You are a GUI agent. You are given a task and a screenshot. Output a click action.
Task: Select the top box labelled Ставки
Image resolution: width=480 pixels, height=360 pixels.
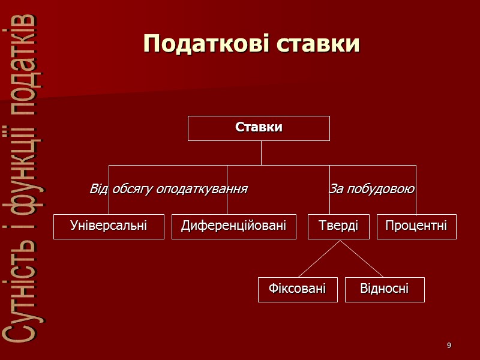pos(259,128)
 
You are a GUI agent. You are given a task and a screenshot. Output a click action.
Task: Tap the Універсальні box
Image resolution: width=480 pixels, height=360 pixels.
pos(109,226)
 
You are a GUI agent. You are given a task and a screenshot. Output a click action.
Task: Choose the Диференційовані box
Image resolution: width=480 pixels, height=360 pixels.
pos(234,226)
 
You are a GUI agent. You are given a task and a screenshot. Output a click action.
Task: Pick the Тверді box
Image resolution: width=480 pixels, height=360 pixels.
pos(338,226)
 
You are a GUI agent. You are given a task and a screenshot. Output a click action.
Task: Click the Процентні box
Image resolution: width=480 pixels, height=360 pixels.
pos(416,226)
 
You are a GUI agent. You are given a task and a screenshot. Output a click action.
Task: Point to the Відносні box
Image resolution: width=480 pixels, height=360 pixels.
pos(385,289)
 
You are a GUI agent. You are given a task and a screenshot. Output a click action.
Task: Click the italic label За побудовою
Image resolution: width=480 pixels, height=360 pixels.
pos(372,190)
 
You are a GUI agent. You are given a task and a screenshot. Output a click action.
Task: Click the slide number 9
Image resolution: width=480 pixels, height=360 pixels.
pos(449,346)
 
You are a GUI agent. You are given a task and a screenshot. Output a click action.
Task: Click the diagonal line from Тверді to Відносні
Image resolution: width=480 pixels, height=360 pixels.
pos(362,259)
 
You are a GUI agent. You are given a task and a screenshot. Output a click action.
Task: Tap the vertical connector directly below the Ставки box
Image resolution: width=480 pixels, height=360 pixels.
pos(261,152)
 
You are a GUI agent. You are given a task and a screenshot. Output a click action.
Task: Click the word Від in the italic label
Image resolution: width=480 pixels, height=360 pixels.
pos(98,190)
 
